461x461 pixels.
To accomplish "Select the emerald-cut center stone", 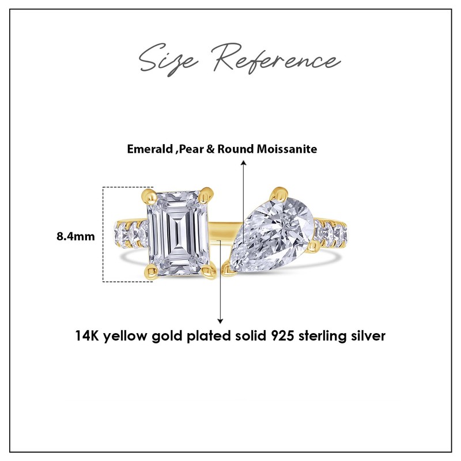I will (x=178, y=234).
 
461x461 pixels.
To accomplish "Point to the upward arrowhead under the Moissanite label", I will (x=243, y=164).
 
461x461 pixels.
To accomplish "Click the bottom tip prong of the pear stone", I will (x=225, y=266).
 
